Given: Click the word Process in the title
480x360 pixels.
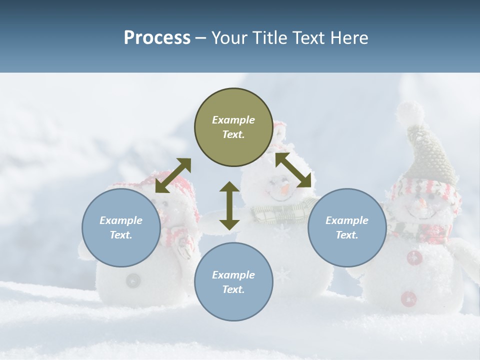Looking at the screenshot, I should [157, 38].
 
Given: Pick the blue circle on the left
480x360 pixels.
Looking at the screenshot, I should [121, 227].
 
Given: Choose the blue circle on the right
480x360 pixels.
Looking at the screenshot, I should [347, 227].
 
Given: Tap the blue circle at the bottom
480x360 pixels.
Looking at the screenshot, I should [233, 282].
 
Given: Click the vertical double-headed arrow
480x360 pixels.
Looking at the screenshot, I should [229, 206].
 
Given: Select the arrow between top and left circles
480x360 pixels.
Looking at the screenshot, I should [173, 175].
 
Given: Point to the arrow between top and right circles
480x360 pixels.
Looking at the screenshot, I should [293, 170].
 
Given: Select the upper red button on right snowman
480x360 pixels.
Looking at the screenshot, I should [414, 258].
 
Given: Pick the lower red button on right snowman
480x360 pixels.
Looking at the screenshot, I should [409, 298].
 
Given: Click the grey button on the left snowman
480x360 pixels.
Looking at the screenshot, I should [133, 280].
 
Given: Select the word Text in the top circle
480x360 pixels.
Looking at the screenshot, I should [233, 134].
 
